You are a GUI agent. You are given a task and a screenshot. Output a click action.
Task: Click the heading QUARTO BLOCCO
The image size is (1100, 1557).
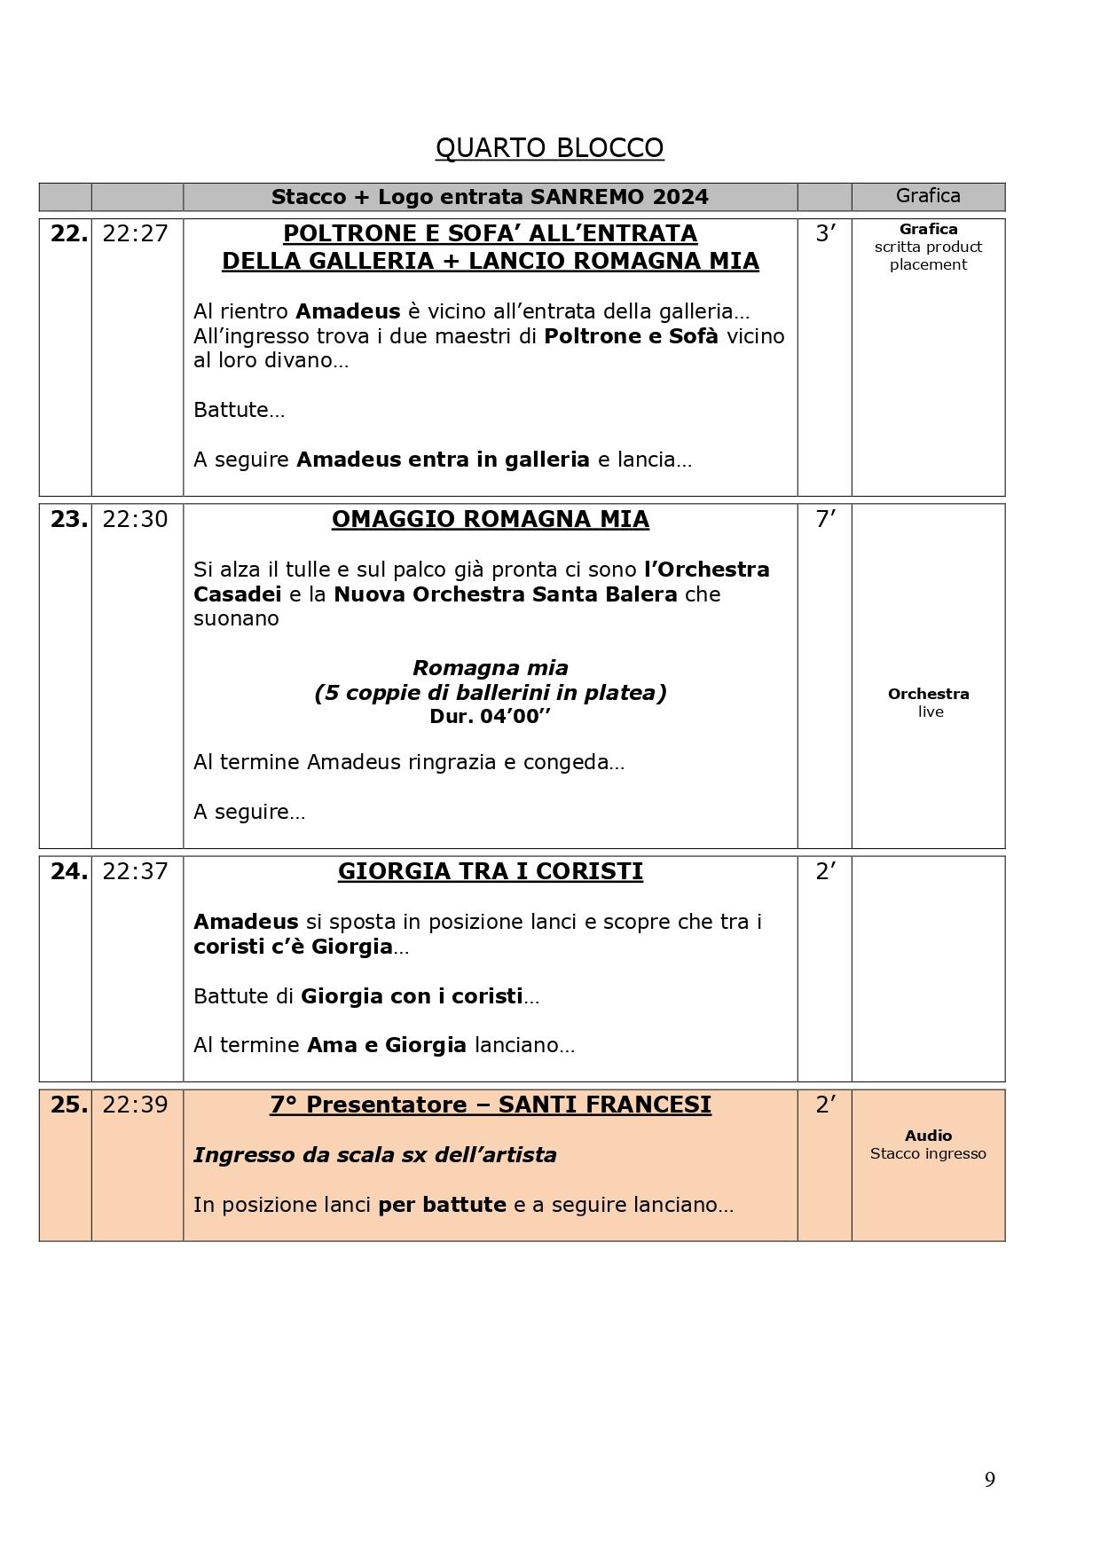549,147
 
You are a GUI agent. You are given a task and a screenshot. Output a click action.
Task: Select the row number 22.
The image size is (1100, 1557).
68,233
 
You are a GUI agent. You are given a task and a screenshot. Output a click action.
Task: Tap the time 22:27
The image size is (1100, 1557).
135,233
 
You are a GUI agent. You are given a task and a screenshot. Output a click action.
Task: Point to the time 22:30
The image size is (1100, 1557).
135,519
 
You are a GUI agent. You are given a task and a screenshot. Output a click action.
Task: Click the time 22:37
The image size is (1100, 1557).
135,871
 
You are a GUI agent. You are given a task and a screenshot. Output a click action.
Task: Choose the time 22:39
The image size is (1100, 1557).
135,1105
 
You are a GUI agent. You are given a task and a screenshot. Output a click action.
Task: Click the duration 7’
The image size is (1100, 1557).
825,519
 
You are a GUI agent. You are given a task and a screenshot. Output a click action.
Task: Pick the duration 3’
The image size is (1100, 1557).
825,233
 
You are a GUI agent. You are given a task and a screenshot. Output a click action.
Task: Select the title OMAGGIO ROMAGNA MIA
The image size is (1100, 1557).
490,519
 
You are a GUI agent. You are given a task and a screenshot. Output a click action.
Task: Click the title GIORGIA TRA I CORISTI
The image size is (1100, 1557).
490,871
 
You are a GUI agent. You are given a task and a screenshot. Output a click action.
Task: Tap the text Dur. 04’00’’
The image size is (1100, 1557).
490,717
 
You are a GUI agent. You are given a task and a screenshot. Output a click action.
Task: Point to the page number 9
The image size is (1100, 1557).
989,1480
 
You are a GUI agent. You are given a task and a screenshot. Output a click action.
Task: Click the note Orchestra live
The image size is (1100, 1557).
928,703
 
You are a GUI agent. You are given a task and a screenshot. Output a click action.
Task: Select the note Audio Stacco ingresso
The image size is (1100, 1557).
928,1144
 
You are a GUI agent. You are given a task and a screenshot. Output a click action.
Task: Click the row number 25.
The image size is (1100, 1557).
68,1105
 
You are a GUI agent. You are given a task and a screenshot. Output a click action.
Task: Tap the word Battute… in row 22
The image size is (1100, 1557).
239,410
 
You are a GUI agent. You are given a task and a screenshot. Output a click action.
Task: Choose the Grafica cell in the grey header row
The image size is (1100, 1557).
928,196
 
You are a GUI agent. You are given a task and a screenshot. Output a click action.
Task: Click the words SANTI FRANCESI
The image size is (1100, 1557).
604,1105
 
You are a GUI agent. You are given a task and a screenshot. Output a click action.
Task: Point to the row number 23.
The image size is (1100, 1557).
68,519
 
